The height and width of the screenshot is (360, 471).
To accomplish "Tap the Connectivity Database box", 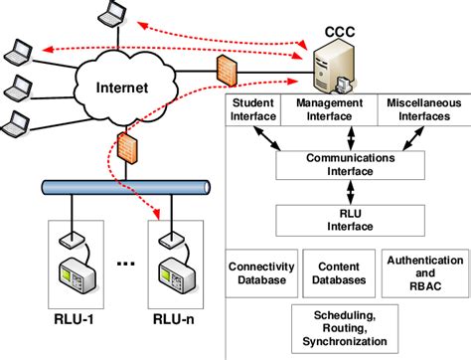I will [x=257, y=273].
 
